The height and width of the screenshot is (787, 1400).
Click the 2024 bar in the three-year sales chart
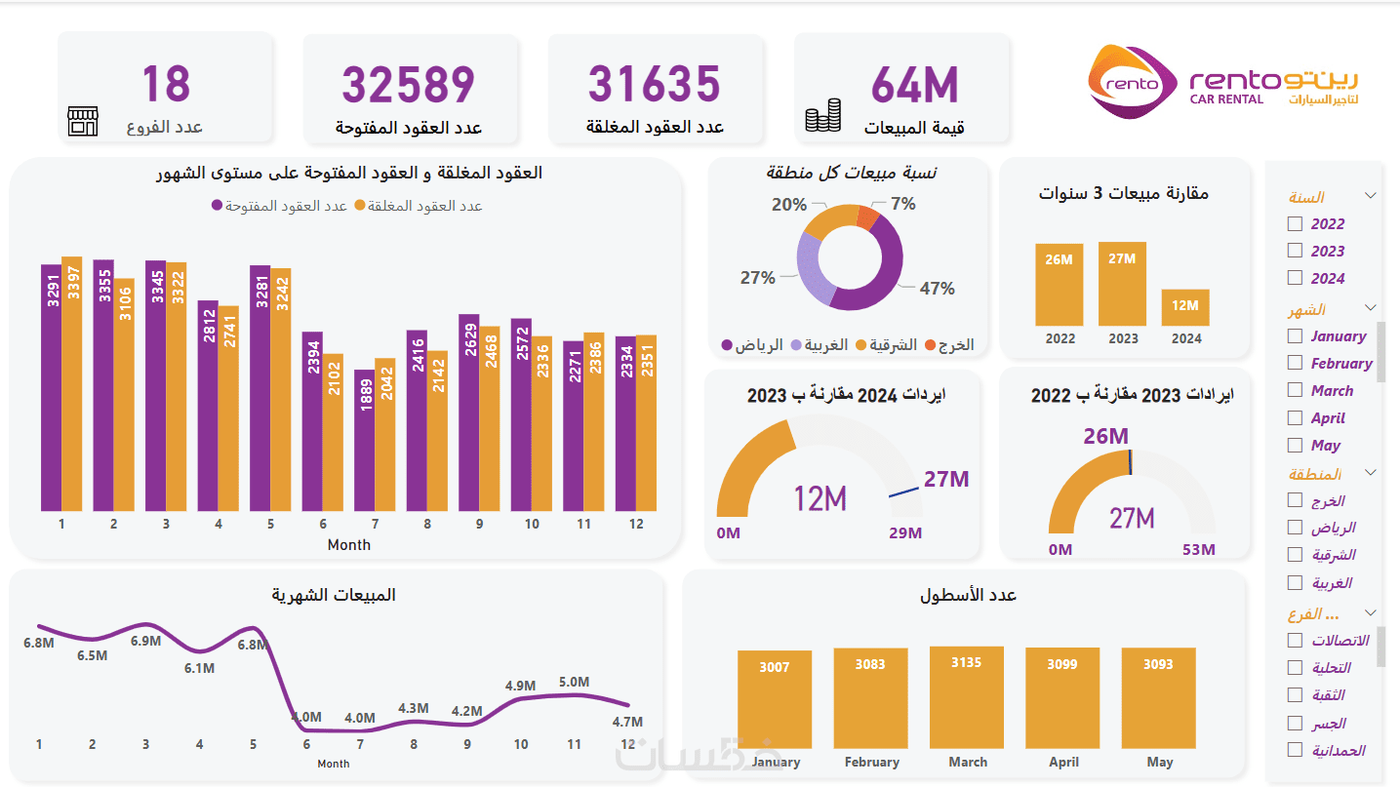(x=1185, y=307)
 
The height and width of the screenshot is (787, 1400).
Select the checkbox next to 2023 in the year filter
(x=1295, y=251)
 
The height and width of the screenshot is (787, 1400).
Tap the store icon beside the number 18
(x=83, y=122)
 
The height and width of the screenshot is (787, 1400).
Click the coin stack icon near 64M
(x=822, y=115)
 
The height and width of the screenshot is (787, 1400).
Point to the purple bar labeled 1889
(x=364, y=440)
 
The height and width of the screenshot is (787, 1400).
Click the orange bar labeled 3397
(x=71, y=383)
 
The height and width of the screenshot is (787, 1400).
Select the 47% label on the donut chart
(x=937, y=289)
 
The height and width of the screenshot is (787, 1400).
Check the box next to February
(x=1295, y=363)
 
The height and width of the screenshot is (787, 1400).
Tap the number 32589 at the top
(x=408, y=85)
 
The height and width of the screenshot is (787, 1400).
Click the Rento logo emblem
(x=1132, y=83)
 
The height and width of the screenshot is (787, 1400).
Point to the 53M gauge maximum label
(x=1198, y=550)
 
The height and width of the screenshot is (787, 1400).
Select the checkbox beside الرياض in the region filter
(x=1295, y=528)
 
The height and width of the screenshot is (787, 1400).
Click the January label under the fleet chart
(x=777, y=762)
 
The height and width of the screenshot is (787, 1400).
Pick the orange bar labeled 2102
(x=333, y=432)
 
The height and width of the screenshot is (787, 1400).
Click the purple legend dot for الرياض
(x=727, y=345)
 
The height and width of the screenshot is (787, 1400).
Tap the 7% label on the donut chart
(x=903, y=204)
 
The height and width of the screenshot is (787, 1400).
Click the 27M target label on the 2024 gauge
(x=945, y=479)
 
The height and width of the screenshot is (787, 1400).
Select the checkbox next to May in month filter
(x=1295, y=445)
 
